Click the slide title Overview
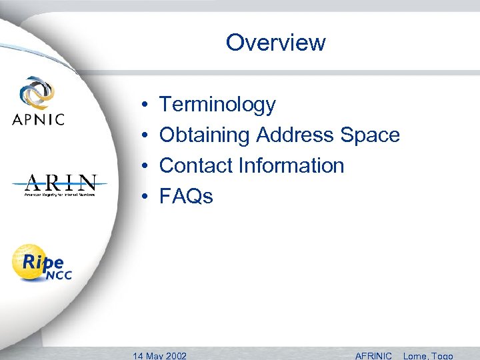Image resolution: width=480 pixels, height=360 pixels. coord(275,43)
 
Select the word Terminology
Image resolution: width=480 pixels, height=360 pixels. coord(217,105)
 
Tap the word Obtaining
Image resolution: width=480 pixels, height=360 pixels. coord(204,135)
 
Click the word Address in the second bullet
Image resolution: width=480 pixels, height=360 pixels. coord(295,135)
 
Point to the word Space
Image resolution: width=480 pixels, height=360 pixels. coord(370,135)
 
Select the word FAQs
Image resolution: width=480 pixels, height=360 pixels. coord(187,196)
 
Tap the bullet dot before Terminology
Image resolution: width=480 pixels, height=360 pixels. coord(145,105)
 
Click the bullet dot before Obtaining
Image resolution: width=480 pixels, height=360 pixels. coord(145,136)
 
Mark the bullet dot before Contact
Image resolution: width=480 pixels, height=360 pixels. coord(145,166)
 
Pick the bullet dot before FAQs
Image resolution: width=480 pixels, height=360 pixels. coord(145,197)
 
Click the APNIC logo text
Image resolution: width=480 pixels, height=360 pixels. coord(38,120)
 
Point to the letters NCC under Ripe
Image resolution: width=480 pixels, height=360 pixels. coord(58,275)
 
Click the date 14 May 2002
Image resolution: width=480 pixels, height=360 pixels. coord(160,355)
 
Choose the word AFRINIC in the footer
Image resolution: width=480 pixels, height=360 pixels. coord(373,355)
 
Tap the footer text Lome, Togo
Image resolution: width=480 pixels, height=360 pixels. coord(427,355)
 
